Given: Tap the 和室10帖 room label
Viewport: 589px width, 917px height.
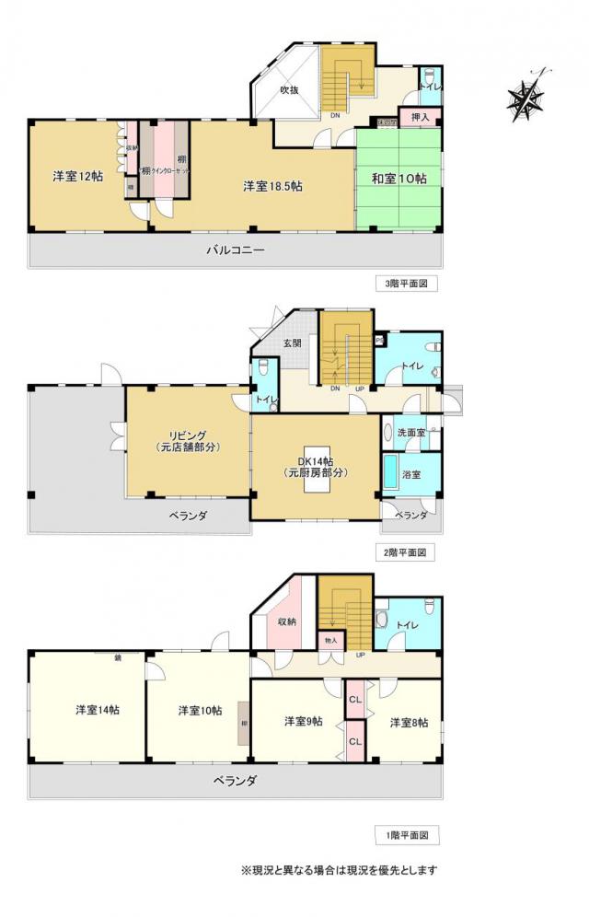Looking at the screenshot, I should pyautogui.click(x=398, y=179).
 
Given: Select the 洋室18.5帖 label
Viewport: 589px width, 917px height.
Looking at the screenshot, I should pyautogui.click(x=273, y=186).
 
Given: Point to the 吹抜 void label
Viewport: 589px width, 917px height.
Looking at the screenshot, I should pyautogui.click(x=291, y=89).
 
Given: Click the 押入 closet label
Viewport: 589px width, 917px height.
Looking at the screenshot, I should pyautogui.click(x=421, y=118).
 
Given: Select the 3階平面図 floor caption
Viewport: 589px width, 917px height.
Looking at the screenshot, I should pyautogui.click(x=406, y=284).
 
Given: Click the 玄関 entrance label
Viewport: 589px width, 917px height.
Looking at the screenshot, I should pyautogui.click(x=292, y=342).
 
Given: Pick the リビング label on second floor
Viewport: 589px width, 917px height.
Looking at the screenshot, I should pyautogui.click(x=186, y=441).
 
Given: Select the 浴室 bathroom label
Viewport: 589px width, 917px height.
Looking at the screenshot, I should pyautogui.click(x=413, y=475).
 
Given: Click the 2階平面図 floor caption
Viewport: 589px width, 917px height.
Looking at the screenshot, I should pyautogui.click(x=406, y=553).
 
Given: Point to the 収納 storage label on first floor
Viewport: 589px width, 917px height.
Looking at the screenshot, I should pyautogui.click(x=287, y=621).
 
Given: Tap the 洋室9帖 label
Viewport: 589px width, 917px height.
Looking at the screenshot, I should pyautogui.click(x=303, y=721).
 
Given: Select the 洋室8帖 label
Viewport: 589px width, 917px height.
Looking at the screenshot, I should pyautogui.click(x=408, y=723).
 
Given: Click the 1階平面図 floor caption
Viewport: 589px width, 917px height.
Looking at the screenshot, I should pyautogui.click(x=406, y=836).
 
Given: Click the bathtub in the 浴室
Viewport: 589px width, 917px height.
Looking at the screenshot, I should pyautogui.click(x=390, y=475).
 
